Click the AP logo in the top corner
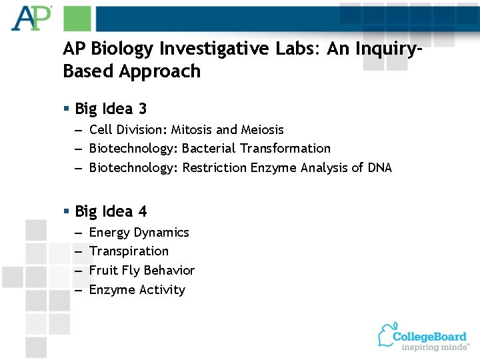tap(31, 18)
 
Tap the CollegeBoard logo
tap(423, 337)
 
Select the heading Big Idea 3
tap(111, 109)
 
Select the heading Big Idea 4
tap(111, 211)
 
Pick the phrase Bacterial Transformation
tap(256, 148)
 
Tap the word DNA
tap(379, 167)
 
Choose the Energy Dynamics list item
tap(139, 233)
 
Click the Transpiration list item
tap(129, 251)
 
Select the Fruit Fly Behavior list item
tap(141, 270)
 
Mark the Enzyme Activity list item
tap(137, 289)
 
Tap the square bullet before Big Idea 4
tap(67, 211)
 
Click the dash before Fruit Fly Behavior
tap(78, 271)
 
